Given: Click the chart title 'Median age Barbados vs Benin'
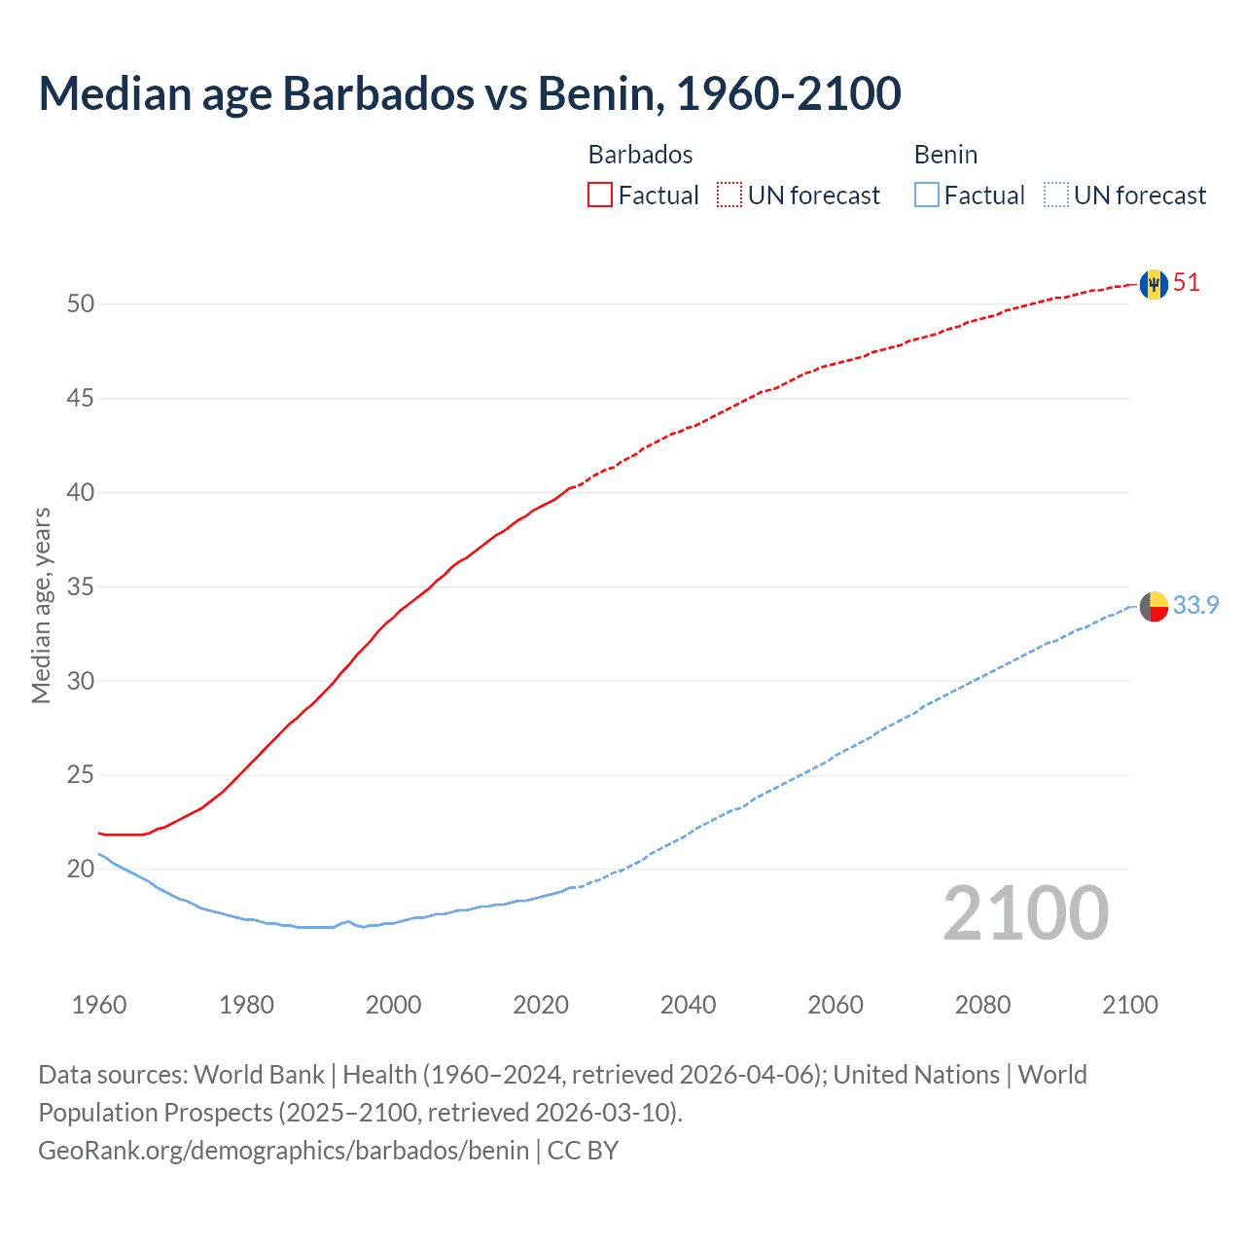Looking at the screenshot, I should pos(469,93).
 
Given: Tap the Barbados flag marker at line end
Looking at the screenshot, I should pos(1154,284).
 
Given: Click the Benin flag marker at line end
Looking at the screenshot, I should pos(1154,606).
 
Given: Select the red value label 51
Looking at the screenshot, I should pos(1187,283).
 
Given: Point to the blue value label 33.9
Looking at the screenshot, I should pos(1195,605).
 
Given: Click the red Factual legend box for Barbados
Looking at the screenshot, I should pos(600,196).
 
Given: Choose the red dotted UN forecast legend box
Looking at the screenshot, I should pos(729,196).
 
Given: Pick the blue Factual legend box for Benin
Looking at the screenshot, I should pos(927,196).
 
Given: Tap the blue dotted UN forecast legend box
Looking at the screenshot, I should pos(1055,196).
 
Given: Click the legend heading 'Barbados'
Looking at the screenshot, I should pos(640,155).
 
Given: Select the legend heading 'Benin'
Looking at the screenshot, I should pos(945,155).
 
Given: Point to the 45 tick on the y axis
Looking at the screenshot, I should pos(81,399).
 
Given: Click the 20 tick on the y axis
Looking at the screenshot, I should pos(81,870).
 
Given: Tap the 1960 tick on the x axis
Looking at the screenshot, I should pos(99,1005).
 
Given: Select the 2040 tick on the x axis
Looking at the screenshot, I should pos(688,1005).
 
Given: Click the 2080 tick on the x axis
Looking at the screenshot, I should pos(982,1005).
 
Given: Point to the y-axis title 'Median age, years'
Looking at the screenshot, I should pos(41,605).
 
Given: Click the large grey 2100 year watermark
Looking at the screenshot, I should pos(1025,913).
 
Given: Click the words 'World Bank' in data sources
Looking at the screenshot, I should pos(259,1075).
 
